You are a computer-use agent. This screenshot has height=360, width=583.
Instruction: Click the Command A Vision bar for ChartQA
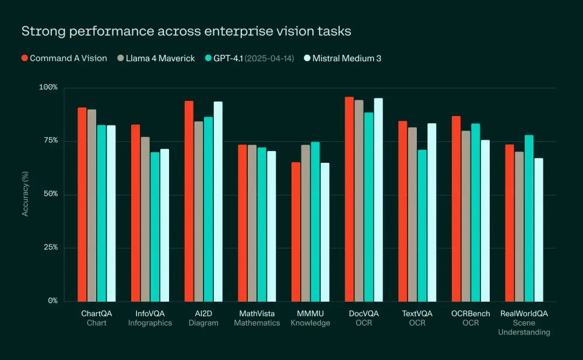[x=82, y=204]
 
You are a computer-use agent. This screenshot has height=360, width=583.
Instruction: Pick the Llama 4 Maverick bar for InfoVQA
[x=145, y=219]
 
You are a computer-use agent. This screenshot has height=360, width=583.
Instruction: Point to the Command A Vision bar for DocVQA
[x=349, y=199]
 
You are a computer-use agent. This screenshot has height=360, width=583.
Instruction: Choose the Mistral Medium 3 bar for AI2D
[x=218, y=201]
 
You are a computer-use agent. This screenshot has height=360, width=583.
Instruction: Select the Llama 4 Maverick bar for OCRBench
[x=466, y=216]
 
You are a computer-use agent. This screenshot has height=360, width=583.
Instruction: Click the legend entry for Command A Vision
[x=64, y=58]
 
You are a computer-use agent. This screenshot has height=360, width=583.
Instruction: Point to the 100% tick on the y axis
[x=48, y=88]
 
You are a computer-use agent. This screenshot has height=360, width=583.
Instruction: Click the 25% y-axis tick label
[x=51, y=248]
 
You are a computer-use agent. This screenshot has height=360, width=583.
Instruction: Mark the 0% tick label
[x=52, y=301]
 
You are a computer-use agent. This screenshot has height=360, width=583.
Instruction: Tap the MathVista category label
[x=257, y=313]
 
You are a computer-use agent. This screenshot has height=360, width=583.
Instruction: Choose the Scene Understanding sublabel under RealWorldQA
[x=524, y=327]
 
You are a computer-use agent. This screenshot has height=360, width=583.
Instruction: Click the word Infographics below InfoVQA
[x=150, y=323]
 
